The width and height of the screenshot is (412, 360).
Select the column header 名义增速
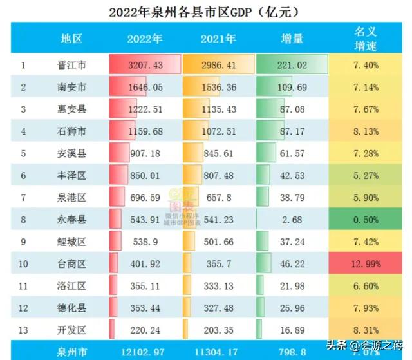(366, 38)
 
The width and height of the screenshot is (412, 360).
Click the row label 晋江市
(71, 65)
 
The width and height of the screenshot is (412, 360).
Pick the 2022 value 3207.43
(145, 65)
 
